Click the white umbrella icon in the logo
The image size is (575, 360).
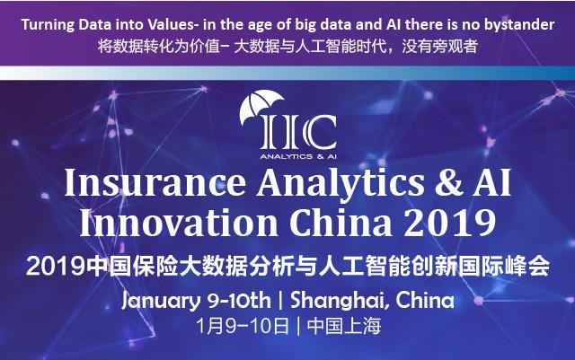click(x=261, y=106)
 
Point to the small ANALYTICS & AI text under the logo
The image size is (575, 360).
click(x=298, y=156)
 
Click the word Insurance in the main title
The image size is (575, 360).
click(x=155, y=183)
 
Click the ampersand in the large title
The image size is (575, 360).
click(x=448, y=183)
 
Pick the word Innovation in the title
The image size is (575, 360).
click(x=179, y=223)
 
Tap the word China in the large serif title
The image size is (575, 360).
click(x=341, y=223)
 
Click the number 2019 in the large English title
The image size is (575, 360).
click(x=450, y=223)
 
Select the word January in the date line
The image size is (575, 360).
click(x=161, y=302)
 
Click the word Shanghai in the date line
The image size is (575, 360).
click(x=338, y=302)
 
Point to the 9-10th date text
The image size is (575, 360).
click(x=239, y=301)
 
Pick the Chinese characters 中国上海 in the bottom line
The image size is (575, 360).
click(x=344, y=326)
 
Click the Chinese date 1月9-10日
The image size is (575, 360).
click(x=243, y=326)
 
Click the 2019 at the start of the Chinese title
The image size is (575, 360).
click(x=56, y=267)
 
